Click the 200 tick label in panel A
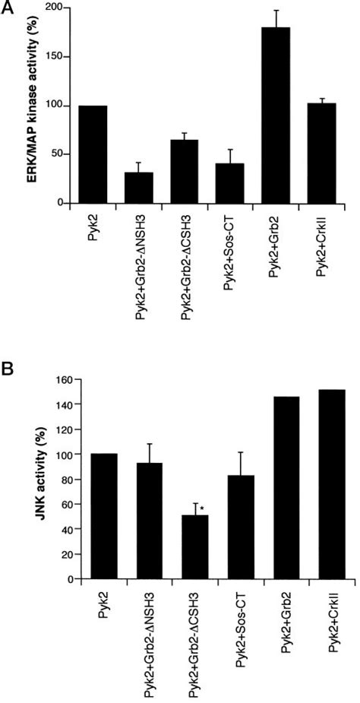tap(51, 8)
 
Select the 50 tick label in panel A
tap(54, 154)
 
